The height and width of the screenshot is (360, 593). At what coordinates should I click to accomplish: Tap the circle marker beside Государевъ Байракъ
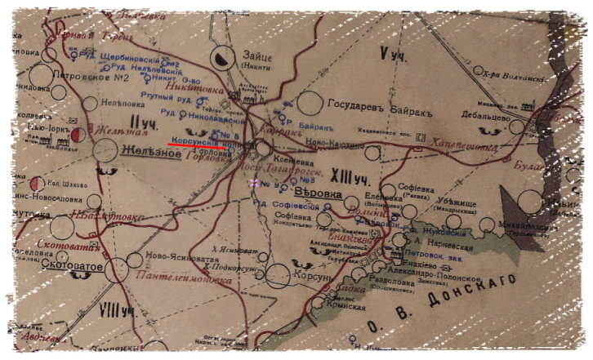tap(310, 103)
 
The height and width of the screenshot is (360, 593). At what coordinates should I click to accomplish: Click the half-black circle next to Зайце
tap(221, 57)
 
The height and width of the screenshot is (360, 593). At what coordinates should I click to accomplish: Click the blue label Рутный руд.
tap(166, 96)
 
